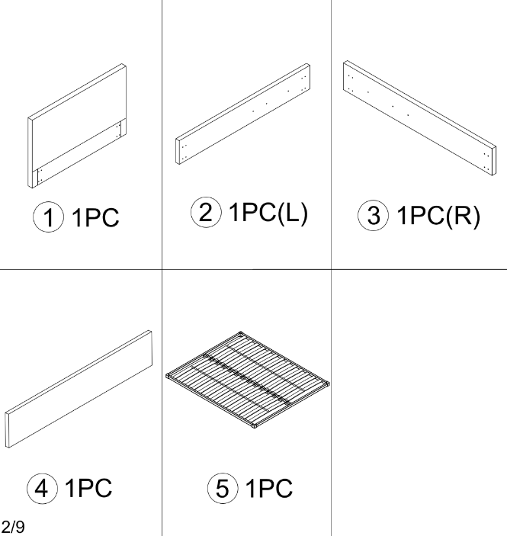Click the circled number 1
[x=48, y=217]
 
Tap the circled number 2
[x=206, y=212]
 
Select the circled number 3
[x=374, y=215]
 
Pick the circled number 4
[x=42, y=489]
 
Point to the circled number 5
[x=223, y=489]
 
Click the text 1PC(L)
[x=268, y=213]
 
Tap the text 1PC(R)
[x=438, y=216]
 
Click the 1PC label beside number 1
[x=95, y=217]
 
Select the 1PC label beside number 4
[x=88, y=488]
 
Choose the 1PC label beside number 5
[x=269, y=488]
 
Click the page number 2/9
[x=13, y=526]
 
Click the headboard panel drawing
[x=77, y=126]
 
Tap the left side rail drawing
[x=243, y=114]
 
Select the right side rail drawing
[x=420, y=118]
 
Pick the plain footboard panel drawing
[x=79, y=389]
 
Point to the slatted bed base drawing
[x=248, y=380]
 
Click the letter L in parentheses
[x=292, y=213]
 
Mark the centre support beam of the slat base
[x=248, y=378]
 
